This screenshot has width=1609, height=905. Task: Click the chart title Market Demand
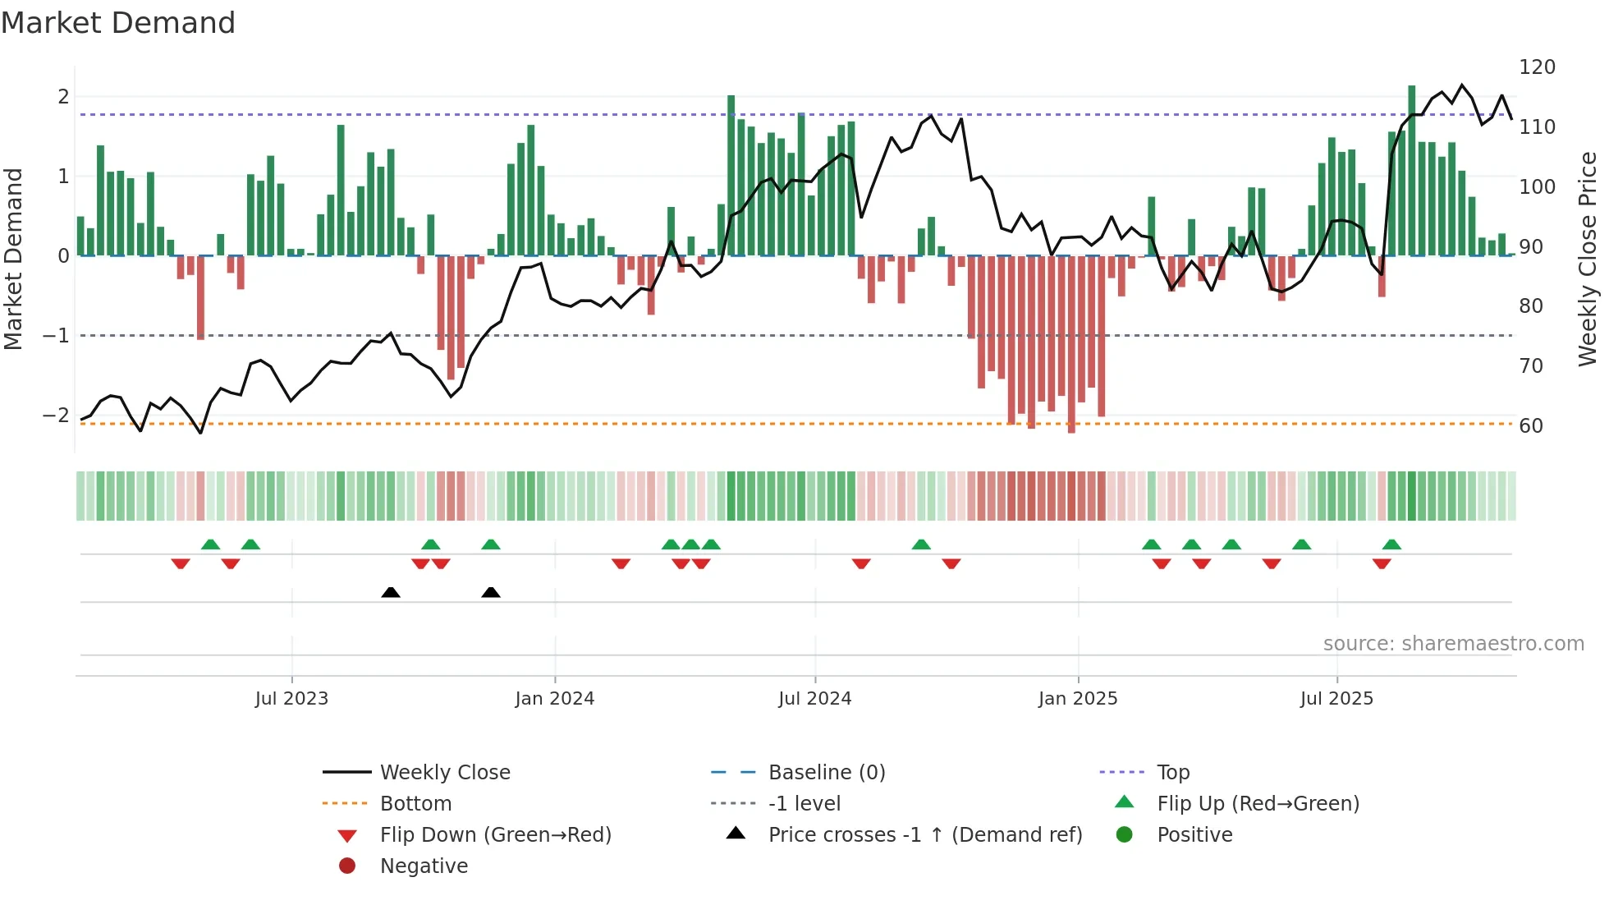118,23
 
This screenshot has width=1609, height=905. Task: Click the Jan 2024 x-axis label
554,699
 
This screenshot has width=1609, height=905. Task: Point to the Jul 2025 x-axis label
1336,699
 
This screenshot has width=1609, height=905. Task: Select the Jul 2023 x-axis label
291,699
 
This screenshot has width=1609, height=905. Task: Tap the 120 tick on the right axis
1536,67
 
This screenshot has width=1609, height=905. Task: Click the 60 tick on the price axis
1530,426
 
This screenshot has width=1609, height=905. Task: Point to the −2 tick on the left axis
56,416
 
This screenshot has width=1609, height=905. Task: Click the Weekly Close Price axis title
1588,259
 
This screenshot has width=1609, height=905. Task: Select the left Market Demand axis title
14,259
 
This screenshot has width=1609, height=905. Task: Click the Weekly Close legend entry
444,773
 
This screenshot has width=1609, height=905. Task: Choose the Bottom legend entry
415,804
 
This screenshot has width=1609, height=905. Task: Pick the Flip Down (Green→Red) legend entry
495,835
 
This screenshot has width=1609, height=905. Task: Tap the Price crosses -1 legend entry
924,835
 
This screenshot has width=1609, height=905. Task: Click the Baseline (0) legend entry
826,773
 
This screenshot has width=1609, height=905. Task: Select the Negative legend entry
424,866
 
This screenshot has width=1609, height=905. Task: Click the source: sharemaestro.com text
1453,644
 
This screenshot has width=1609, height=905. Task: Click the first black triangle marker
391,592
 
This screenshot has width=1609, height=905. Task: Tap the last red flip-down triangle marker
1381,564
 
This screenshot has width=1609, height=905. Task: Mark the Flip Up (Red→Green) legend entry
1258,804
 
